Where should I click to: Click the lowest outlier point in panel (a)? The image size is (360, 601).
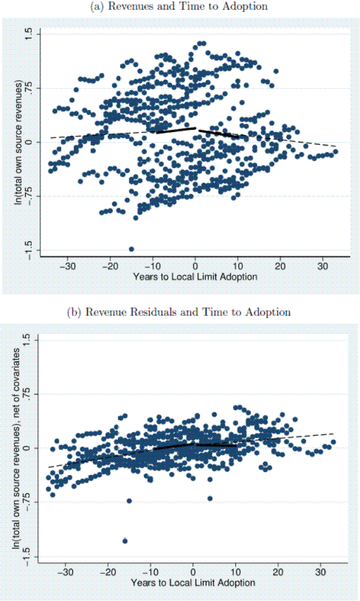[131, 249]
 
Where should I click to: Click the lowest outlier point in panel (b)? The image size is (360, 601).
[125, 541]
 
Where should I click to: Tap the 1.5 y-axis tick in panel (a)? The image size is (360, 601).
[28, 35]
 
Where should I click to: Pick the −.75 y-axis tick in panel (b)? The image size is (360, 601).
[28, 503]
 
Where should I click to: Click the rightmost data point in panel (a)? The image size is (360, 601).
[335, 151]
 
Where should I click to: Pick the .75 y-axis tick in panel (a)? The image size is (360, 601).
[28, 88]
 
